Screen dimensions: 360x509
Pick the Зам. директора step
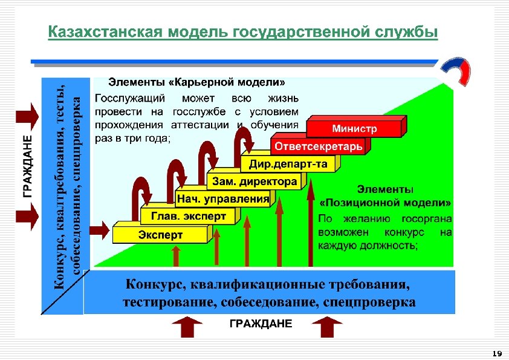coord(253,182)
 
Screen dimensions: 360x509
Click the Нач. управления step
coord(222,198)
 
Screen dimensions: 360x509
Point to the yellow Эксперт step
coord(160,234)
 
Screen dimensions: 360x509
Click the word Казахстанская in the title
coord(96,32)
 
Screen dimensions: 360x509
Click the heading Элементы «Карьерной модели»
coord(196,81)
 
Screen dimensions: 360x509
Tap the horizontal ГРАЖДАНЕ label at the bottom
coord(260,324)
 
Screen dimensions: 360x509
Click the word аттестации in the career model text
coord(203,125)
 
